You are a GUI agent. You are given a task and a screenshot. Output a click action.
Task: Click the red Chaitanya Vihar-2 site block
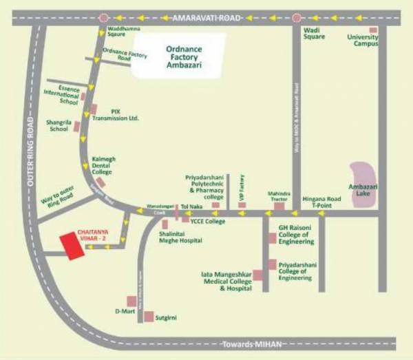72,246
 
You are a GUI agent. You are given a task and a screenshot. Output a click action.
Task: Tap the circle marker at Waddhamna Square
104,17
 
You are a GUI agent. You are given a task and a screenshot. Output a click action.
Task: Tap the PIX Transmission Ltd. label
120,114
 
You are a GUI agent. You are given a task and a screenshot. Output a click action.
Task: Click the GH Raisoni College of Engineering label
296,233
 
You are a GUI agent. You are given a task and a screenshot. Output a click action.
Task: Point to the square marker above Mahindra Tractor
279,205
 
